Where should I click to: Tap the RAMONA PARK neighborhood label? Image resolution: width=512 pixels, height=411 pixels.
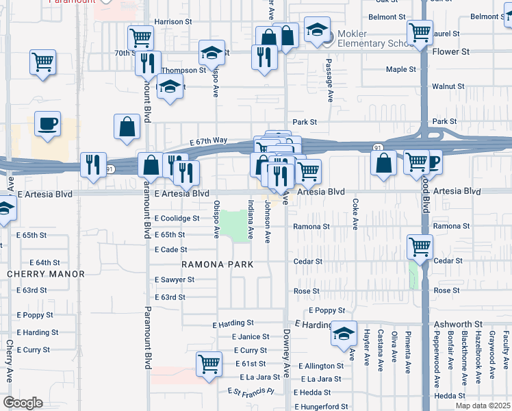pyautogui.click(x=217, y=264)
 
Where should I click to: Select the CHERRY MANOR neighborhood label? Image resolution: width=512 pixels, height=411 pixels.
pyautogui.click(x=46, y=274)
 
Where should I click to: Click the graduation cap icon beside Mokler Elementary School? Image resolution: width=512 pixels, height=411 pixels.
pyautogui.click(x=317, y=31)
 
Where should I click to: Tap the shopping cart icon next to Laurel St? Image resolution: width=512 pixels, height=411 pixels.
pyautogui.click(x=420, y=32)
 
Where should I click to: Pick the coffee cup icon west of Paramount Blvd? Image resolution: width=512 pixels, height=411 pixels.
pyautogui.click(x=47, y=124)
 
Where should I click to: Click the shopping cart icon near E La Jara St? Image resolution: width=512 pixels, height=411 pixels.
pyautogui.click(x=209, y=364)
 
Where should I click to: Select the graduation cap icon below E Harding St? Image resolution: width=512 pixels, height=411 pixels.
pyautogui.click(x=344, y=334)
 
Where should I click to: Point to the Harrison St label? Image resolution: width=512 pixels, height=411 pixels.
pyautogui.click(x=173, y=22)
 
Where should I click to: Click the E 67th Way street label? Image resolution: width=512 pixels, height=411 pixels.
pyautogui.click(x=208, y=141)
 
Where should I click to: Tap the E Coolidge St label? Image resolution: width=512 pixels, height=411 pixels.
pyautogui.click(x=177, y=219)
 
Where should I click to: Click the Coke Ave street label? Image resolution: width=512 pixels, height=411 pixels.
pyautogui.click(x=355, y=214)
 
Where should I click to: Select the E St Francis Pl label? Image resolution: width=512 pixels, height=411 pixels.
pyautogui.click(x=251, y=391)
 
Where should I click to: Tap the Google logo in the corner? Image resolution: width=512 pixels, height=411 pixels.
pyautogui.click(x=22, y=403)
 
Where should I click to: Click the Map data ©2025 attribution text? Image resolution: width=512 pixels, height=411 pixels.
pyautogui.click(x=483, y=406)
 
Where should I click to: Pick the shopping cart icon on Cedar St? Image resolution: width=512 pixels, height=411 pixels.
pyautogui.click(x=420, y=247)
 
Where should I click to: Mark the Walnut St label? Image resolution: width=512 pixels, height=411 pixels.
pyautogui.click(x=448, y=87)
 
